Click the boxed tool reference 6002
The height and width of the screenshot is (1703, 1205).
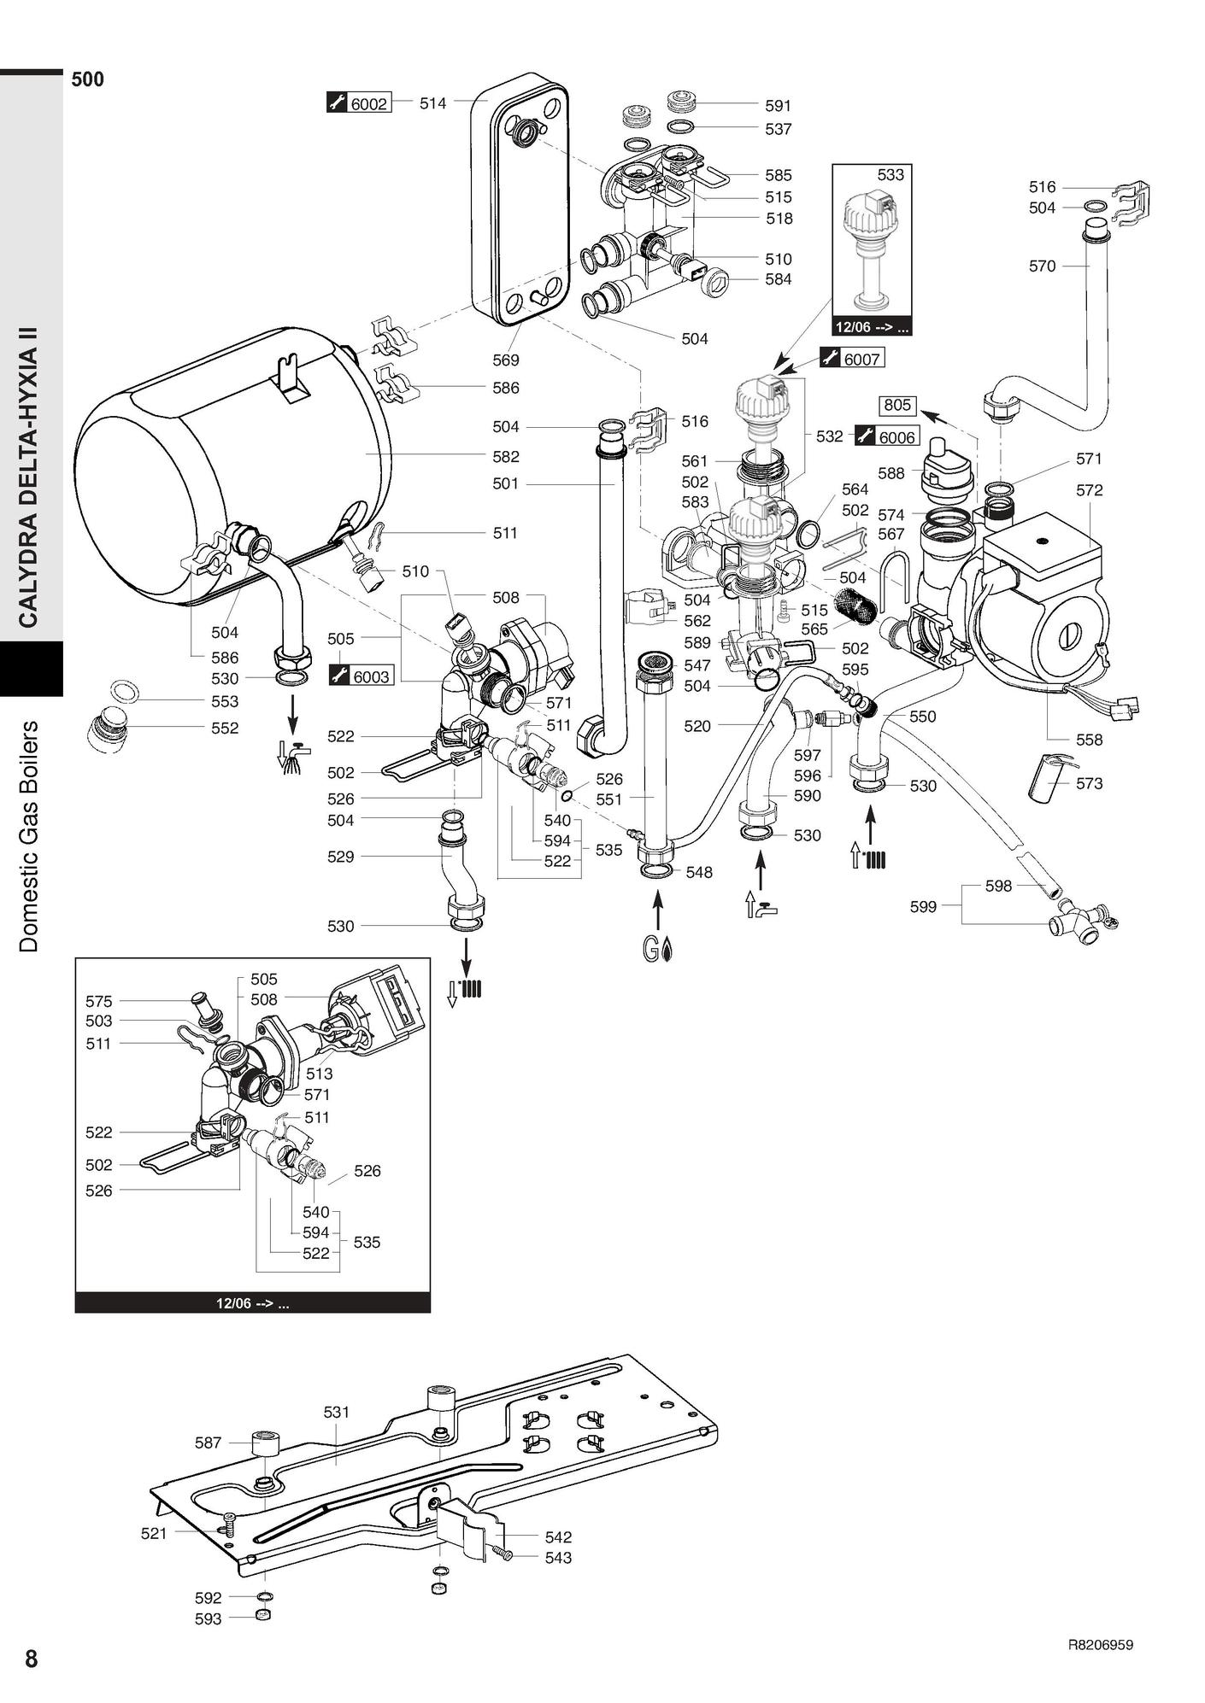coord(368,104)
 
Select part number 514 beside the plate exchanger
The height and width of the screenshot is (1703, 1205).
coord(432,104)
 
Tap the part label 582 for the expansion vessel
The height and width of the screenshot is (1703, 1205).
coord(506,457)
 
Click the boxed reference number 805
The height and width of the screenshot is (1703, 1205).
coord(897,406)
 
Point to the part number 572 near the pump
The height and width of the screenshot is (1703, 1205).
coord(1089,490)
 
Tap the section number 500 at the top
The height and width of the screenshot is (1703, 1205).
coord(88,80)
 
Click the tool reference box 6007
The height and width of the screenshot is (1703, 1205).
coord(861,360)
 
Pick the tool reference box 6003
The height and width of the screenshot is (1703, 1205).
coord(371,677)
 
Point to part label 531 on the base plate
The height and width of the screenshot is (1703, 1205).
coord(337,1413)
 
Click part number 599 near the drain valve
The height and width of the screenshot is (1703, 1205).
coord(923,907)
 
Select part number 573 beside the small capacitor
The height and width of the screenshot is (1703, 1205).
coord(1089,783)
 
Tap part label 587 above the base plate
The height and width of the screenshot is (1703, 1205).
coord(208,1443)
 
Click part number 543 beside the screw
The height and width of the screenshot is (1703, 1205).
coord(558,1558)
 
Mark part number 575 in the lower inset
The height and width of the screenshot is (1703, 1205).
coord(98,1001)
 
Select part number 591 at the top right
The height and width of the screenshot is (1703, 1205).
coord(778,106)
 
